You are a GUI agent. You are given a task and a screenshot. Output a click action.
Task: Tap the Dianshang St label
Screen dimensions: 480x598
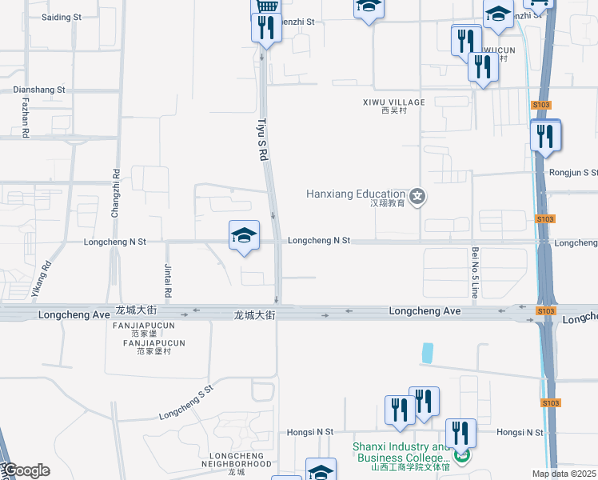click(39, 90)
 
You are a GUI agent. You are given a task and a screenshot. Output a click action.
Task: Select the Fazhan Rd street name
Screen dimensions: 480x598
click(26, 118)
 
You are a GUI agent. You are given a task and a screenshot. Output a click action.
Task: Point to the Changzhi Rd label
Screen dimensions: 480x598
click(116, 193)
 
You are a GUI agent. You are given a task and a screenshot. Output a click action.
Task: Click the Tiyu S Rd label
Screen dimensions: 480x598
click(261, 141)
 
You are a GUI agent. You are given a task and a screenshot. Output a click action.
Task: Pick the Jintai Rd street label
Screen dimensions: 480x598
click(168, 276)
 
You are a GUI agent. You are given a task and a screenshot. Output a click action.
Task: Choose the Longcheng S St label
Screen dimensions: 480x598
click(187, 402)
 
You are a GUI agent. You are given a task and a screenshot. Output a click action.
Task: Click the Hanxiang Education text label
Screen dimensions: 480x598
click(356, 194)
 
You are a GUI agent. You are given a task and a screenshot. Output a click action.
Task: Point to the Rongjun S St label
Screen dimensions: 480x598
click(573, 172)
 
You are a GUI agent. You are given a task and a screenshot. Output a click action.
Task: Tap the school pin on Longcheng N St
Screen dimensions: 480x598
click(244, 235)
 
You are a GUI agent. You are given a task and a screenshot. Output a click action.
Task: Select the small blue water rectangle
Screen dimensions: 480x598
click(427, 352)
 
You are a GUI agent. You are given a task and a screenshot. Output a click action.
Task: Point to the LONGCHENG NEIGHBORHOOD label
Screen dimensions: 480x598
click(236, 459)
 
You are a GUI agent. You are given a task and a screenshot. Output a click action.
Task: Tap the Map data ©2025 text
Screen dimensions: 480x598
click(564, 474)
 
